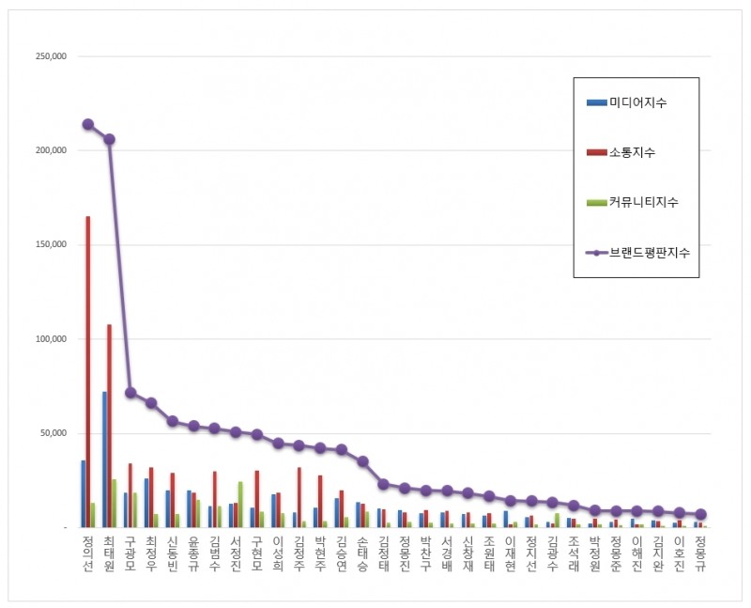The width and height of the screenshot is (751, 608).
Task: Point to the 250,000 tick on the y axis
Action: (49, 56)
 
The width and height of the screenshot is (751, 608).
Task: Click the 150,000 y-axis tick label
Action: (49, 244)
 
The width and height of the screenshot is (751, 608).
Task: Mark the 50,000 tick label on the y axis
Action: (52, 433)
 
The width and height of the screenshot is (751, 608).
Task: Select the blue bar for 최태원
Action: (104, 460)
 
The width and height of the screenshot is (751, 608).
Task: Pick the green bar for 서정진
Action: (241, 505)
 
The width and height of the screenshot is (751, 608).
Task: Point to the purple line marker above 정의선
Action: (88, 124)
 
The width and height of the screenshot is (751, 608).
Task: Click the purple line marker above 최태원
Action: (109, 139)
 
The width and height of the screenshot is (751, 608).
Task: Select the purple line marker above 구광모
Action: (130, 393)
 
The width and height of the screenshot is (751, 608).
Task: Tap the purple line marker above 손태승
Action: (363, 461)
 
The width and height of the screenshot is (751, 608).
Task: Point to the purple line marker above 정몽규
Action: (700, 514)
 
